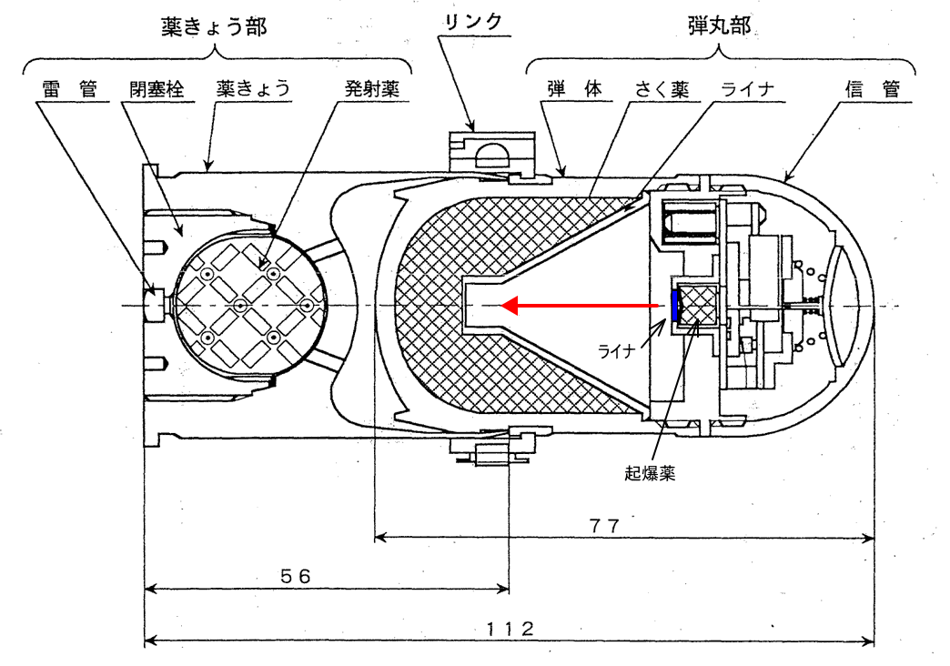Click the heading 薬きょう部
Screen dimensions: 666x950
pyautogui.click(x=214, y=26)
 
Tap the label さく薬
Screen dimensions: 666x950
pyautogui.click(x=662, y=89)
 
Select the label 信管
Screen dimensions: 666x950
pyautogui.click(x=872, y=89)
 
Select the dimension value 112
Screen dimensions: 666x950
pyautogui.click(x=509, y=629)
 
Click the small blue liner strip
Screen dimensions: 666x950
pyautogui.click(x=674, y=307)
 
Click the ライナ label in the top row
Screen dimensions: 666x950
pyautogui.click(x=747, y=89)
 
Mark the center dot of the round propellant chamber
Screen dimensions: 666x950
pyautogui.click(x=240, y=305)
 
